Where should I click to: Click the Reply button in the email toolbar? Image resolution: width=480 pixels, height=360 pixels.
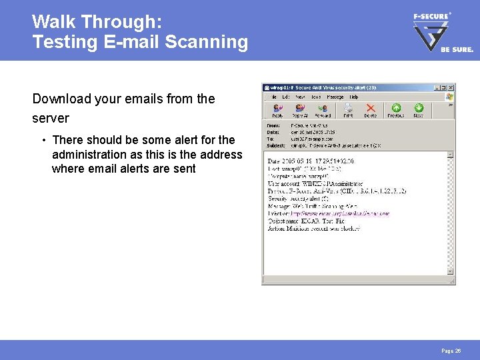tap(277, 109)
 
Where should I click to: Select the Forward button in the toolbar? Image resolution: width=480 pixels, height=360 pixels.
tap(323, 109)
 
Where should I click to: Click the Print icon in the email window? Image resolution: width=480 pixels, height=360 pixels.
tap(348, 109)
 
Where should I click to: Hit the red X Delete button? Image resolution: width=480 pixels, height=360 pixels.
tap(371, 109)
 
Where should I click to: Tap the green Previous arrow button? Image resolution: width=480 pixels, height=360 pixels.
tap(396, 109)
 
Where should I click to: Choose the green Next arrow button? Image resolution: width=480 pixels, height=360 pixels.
tap(419, 109)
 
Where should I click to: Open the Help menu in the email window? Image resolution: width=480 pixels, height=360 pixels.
tap(354, 97)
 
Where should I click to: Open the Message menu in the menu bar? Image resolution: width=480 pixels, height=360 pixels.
tap(335, 97)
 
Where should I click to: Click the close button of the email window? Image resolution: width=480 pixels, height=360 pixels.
tap(451, 87)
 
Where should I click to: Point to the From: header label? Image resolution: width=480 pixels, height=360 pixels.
tap(273, 125)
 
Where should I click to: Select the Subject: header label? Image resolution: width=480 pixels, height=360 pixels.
tap(275, 145)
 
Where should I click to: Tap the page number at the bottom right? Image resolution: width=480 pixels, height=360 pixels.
tap(451, 351)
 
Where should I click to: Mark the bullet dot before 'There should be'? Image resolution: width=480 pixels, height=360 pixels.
tap(43, 140)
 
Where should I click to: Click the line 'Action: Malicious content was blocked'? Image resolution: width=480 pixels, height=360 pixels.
tap(313, 228)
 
